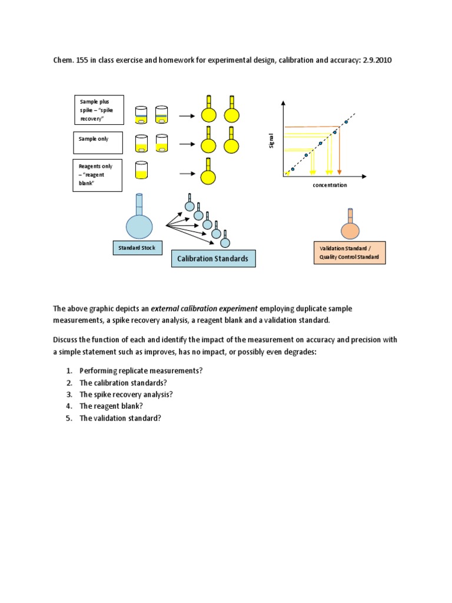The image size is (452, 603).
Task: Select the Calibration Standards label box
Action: (x=213, y=259)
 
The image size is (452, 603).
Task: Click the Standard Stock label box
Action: (x=137, y=248)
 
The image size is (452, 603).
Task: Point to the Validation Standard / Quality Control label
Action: (x=349, y=253)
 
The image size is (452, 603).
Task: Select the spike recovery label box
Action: (x=99, y=110)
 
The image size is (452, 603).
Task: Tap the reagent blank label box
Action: (x=97, y=175)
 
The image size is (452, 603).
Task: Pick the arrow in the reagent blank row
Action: (x=187, y=174)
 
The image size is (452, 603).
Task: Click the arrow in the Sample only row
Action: (x=187, y=144)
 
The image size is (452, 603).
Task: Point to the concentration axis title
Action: (x=330, y=185)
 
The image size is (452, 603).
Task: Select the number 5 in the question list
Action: (x=68, y=418)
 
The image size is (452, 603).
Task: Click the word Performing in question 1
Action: (x=98, y=370)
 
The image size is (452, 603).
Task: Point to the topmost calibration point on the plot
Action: (x=346, y=122)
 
